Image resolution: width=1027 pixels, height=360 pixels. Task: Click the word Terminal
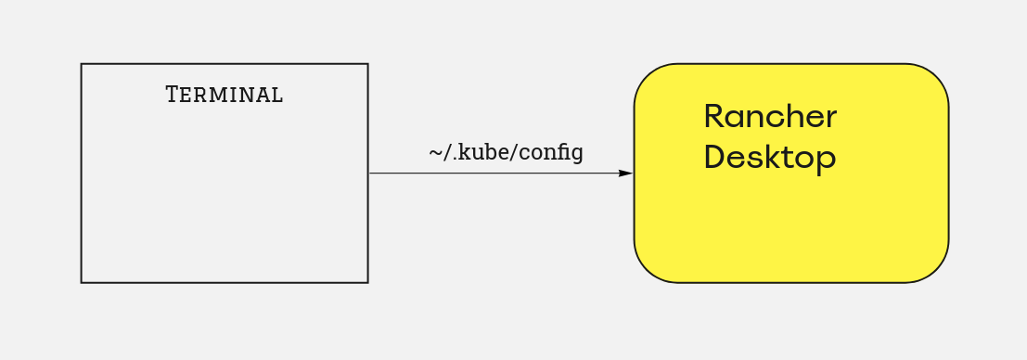(x=224, y=95)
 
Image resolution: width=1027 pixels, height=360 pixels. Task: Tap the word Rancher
(x=770, y=117)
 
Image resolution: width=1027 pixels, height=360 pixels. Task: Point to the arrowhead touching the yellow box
(x=625, y=174)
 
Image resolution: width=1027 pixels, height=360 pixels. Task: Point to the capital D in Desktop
(x=714, y=157)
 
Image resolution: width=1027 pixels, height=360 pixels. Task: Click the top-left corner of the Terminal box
(x=82, y=64)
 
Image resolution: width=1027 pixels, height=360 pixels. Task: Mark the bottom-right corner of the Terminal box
(x=367, y=283)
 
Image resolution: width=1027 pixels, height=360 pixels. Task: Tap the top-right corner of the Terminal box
(x=367, y=64)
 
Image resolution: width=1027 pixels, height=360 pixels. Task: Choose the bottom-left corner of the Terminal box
(x=82, y=283)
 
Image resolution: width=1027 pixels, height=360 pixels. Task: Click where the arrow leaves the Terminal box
(x=368, y=174)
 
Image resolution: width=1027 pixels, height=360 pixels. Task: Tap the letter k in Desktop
(x=773, y=157)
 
